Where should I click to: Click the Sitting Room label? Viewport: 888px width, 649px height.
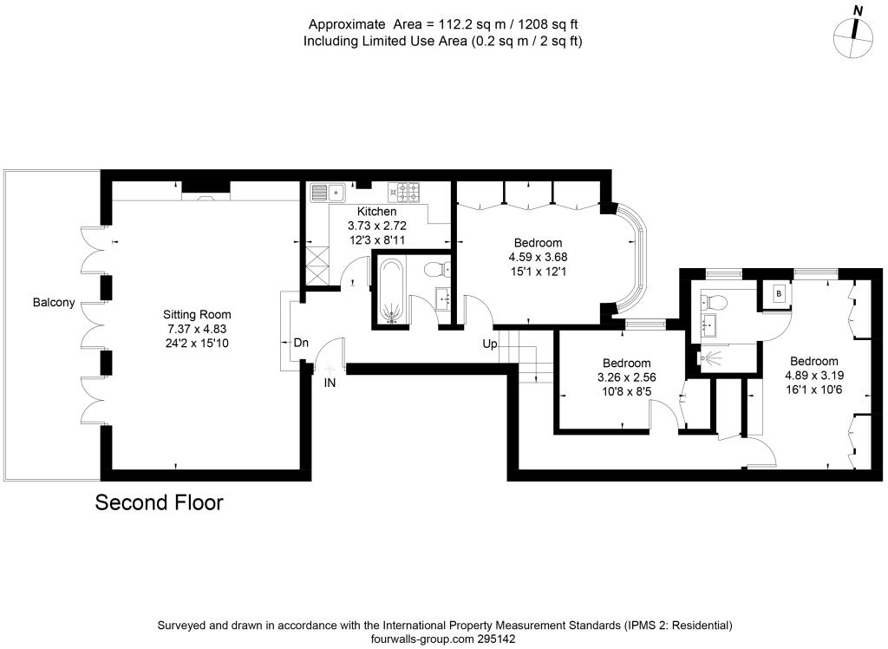pyautogui.click(x=197, y=315)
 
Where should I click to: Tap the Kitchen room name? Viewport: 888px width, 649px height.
pyautogui.click(x=376, y=212)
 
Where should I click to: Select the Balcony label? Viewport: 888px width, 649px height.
pyautogui.click(x=54, y=302)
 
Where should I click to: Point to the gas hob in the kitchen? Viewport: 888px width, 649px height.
pyautogui.click(x=404, y=192)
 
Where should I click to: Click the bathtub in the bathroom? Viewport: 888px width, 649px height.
pyautogui.click(x=390, y=292)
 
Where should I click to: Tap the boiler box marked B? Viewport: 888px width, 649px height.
pyautogui.click(x=779, y=293)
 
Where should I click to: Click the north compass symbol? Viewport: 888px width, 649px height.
pyautogui.click(x=853, y=36)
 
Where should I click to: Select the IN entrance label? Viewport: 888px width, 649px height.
pyautogui.click(x=330, y=383)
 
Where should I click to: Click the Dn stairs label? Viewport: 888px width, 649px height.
pyautogui.click(x=301, y=343)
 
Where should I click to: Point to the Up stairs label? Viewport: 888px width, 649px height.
pyautogui.click(x=490, y=344)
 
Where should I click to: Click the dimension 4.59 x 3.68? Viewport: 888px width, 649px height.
pyautogui.click(x=538, y=257)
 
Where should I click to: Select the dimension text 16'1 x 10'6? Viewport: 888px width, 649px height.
pyautogui.click(x=813, y=390)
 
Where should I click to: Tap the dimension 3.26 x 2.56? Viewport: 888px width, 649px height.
pyautogui.click(x=626, y=377)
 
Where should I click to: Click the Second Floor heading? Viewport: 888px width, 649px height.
pyautogui.click(x=160, y=502)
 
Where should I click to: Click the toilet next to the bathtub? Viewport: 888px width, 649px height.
pyautogui.click(x=437, y=269)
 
